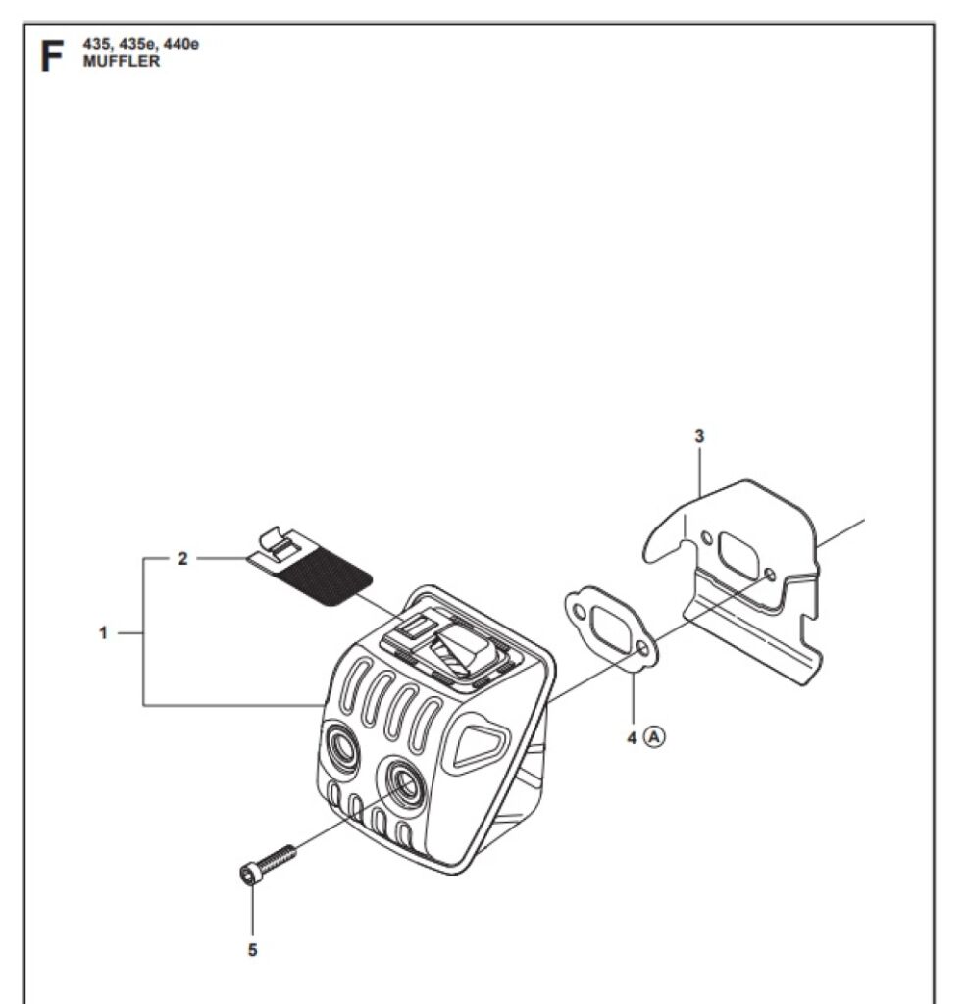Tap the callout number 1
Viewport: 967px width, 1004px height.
[102, 632]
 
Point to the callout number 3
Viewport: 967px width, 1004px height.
[698, 437]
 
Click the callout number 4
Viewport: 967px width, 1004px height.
[632, 736]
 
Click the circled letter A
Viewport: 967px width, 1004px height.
[655, 736]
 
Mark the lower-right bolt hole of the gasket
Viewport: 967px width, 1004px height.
[642, 649]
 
